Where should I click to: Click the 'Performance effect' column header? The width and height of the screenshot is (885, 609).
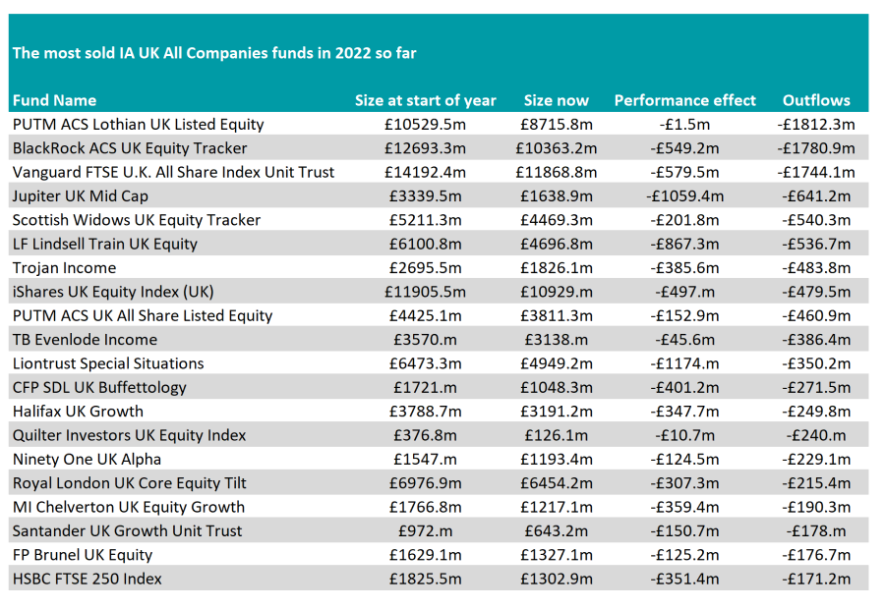(684, 100)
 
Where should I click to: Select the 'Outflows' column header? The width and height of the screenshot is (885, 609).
(815, 100)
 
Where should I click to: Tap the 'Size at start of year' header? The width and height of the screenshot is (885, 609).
(425, 100)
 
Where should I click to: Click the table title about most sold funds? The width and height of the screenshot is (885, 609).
(214, 53)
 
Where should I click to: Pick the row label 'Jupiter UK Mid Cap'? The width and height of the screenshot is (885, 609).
(80, 196)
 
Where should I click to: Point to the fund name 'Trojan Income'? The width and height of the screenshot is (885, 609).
(64, 268)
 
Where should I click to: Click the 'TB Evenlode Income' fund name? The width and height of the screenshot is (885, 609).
(85, 340)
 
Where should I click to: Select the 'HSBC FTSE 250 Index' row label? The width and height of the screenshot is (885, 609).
(88, 579)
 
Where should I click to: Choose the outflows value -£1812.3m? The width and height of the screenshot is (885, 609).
(815, 125)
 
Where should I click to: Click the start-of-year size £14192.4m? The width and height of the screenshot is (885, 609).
(425, 172)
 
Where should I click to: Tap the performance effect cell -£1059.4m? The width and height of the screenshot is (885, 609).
(684, 196)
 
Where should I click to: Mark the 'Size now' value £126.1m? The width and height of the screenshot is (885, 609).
(556, 435)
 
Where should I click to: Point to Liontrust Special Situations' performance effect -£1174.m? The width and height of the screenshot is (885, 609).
(684, 363)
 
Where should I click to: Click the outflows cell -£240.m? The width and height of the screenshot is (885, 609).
(815, 435)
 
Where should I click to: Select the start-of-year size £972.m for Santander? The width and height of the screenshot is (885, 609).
(425, 530)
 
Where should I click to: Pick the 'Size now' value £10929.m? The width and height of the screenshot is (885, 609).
(556, 292)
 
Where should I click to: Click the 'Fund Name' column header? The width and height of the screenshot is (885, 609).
(54, 100)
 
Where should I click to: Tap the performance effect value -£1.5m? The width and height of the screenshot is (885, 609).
(684, 125)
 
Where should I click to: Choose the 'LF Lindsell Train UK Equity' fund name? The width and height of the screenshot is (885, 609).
(104, 244)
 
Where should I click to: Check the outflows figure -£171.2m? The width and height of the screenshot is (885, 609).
(815, 579)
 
